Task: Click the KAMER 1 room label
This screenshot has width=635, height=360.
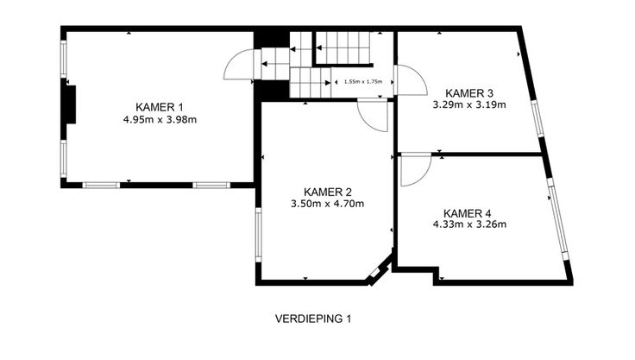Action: pos(159,107)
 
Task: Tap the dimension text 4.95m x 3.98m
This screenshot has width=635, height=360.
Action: pos(160,120)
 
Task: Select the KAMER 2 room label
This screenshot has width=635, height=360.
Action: pos(327,192)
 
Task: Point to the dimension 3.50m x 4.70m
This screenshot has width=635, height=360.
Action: pos(327,204)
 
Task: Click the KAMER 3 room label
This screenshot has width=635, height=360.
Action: pos(469,93)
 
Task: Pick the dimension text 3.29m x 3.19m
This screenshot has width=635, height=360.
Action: pos(469,105)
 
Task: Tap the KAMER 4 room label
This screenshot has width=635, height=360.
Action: pos(468,213)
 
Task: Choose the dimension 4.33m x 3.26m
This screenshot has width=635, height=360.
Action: pos(469,224)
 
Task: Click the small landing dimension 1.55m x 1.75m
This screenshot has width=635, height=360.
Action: pos(363,81)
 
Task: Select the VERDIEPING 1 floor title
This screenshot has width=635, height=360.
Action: pos(313,319)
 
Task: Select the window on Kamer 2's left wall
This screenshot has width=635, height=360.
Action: pos(258,235)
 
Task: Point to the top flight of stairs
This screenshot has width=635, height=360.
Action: pos(343,47)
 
